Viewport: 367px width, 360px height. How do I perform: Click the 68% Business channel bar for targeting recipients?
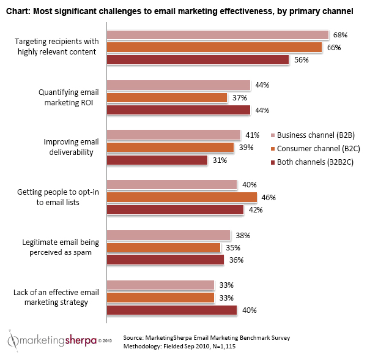[x=218, y=35]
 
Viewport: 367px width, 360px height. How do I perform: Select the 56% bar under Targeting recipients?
[x=198, y=60]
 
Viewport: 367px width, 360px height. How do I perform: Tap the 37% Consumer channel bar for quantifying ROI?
[x=167, y=98]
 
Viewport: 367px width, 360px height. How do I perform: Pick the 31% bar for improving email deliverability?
[x=157, y=160]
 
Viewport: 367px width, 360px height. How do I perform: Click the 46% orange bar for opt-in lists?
[x=182, y=197]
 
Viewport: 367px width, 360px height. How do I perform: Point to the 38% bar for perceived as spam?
[x=168, y=235]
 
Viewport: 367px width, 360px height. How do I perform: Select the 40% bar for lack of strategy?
[x=172, y=310]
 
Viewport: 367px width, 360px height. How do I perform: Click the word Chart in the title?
[x=18, y=10]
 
